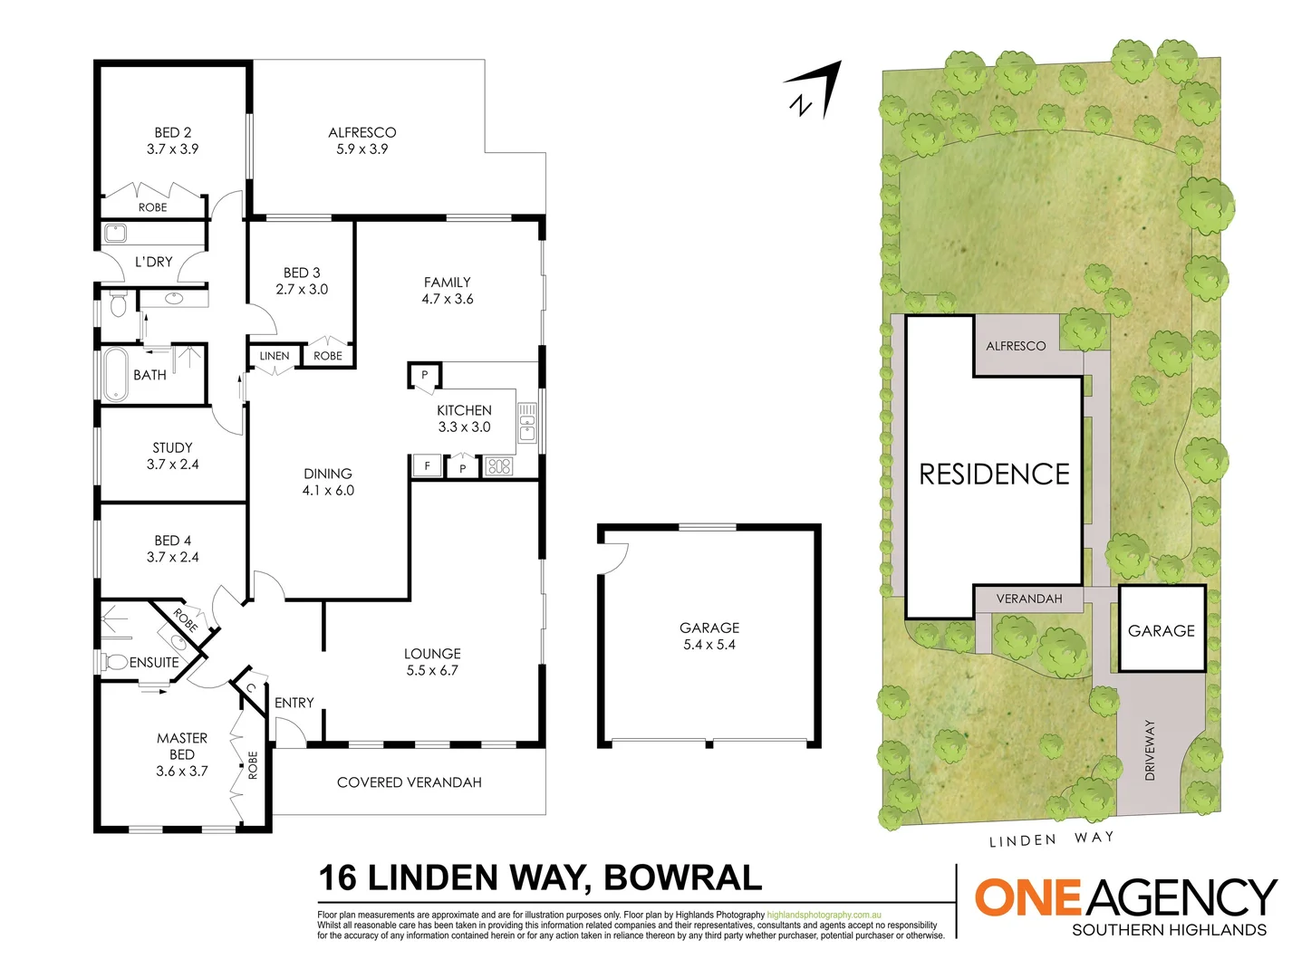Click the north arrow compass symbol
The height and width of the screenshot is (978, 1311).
814,91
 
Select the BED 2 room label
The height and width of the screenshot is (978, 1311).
172,140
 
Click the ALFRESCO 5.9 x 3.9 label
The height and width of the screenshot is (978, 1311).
361,140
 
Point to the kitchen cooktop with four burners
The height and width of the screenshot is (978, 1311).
499,467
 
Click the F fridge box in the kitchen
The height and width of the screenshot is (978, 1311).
427,466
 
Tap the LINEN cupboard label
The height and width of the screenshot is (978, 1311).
275,356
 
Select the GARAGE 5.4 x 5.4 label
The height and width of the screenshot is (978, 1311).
709,636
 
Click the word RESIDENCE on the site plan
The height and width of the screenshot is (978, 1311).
994,475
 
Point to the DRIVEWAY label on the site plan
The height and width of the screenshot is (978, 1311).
1150,750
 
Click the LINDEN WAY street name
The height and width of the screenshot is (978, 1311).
1051,839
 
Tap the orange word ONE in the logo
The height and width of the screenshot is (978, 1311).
1027,897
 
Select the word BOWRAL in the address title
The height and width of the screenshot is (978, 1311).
682,878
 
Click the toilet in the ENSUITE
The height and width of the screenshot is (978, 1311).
115,662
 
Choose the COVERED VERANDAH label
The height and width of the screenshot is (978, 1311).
409,782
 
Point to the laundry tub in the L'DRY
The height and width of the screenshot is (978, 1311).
115,234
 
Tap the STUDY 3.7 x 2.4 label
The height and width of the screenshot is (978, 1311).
172,455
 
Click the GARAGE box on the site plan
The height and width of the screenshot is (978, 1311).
1162,629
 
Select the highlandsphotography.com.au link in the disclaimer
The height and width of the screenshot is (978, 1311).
824,916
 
